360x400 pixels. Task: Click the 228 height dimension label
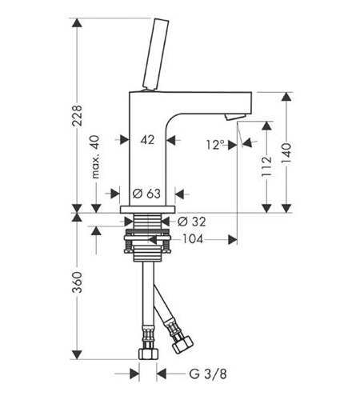78,115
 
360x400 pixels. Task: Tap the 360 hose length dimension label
78,282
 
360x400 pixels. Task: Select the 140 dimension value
286,154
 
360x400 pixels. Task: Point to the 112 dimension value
266,166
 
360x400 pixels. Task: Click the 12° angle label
215,145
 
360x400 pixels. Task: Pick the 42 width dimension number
147,140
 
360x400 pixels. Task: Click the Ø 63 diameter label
146,194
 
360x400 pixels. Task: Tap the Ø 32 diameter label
191,222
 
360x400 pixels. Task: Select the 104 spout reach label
193,239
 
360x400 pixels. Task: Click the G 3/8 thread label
208,374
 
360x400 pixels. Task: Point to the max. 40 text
95,157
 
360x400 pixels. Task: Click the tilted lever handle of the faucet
156,54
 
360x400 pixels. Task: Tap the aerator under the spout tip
234,117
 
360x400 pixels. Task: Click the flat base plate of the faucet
147,210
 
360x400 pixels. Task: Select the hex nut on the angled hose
182,345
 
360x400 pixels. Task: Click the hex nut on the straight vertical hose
148,354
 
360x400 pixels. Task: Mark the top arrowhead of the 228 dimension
77,22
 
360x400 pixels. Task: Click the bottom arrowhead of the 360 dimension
77,354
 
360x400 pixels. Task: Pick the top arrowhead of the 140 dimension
286,97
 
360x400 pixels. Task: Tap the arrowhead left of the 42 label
125,139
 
